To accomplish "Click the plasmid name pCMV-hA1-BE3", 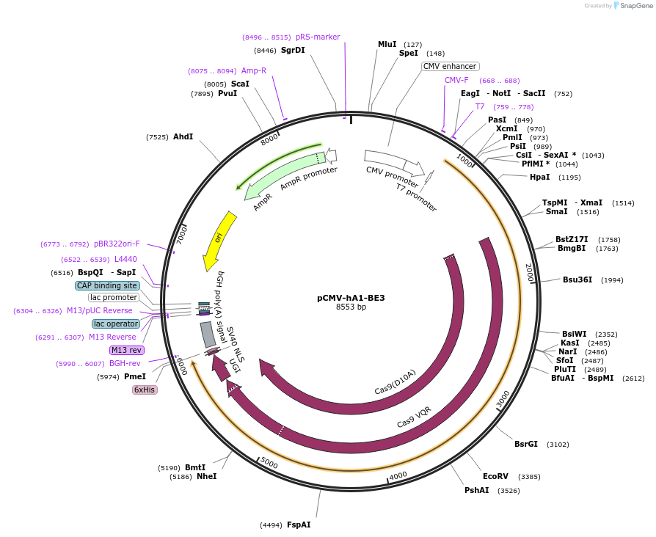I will click(x=351, y=298).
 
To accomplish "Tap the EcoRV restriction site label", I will click(x=495, y=476).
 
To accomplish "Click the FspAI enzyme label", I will click(x=299, y=525).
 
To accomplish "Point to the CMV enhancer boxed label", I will click(x=450, y=66).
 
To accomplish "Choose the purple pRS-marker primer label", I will click(x=318, y=37).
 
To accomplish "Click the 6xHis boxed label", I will click(x=145, y=390).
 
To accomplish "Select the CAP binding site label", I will click(x=107, y=285).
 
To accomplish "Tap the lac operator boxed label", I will click(x=116, y=324).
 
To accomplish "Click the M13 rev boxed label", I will click(x=126, y=350).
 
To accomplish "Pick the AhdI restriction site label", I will click(x=183, y=136).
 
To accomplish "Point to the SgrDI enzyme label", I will click(x=293, y=50).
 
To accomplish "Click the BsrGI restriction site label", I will click(x=526, y=444).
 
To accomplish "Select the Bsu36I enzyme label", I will click(x=577, y=280).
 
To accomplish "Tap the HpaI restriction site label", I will click(x=540, y=177).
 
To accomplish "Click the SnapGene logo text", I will click(x=635, y=6).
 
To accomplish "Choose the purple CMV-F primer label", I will click(x=456, y=80).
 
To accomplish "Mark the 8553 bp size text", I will click(x=351, y=307).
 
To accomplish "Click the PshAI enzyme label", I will click(x=477, y=490).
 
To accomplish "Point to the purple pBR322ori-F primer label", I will click(x=117, y=244).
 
